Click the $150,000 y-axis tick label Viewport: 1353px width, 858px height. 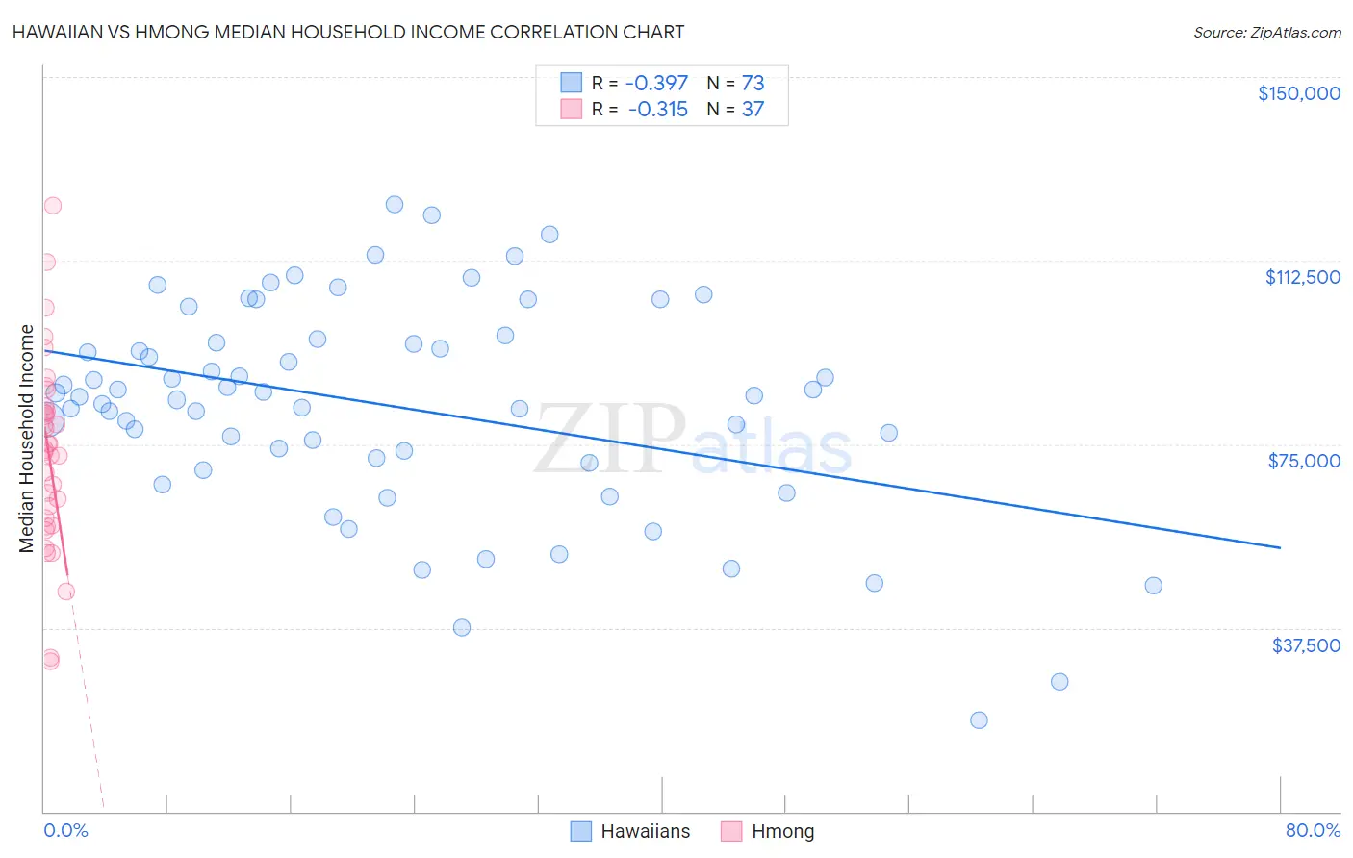tap(1298, 93)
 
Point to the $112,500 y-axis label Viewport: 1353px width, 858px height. tap(1302, 277)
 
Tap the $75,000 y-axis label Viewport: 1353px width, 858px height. tap(1304, 461)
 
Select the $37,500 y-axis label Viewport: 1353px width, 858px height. tap(1306, 645)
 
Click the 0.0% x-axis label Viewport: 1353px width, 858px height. tap(65, 831)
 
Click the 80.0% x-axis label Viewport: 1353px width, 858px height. tap(1313, 831)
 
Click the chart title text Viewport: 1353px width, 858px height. tap(348, 32)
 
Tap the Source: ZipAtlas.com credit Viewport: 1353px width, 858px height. tap(1266, 33)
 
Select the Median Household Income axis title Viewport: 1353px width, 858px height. tap(27, 439)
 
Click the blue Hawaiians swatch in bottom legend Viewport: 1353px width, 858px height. tap(580, 831)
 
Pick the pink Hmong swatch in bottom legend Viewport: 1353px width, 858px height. tap(731, 831)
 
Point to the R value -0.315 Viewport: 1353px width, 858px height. tap(658, 110)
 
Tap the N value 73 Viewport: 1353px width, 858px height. tap(753, 83)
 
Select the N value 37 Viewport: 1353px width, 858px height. tap(753, 110)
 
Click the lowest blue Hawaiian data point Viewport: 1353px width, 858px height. tap(979, 720)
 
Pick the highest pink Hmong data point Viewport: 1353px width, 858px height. tap(53, 206)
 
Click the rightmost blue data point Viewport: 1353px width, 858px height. tap(1153, 586)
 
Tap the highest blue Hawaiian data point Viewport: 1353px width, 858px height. tap(394, 204)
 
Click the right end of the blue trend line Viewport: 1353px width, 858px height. tap(1280, 547)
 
